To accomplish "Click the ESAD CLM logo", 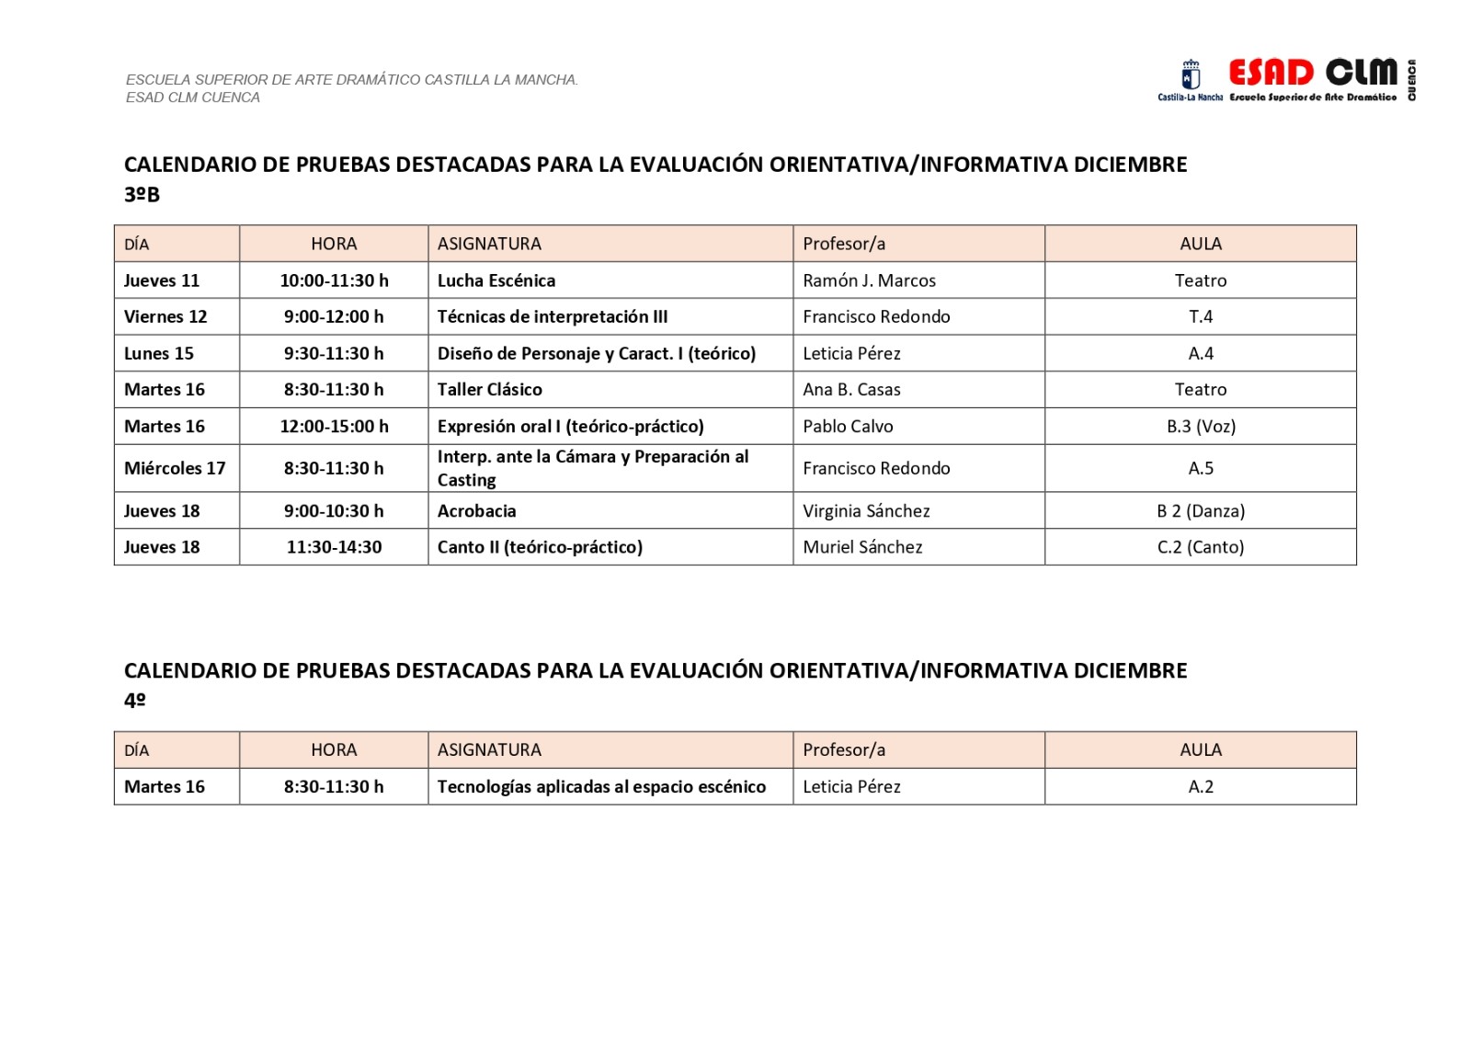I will click(1313, 73).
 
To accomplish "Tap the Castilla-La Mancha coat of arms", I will click(1191, 74).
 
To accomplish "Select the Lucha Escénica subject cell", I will click(496, 280).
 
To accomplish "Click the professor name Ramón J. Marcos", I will click(869, 280).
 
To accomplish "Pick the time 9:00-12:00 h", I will click(334, 316).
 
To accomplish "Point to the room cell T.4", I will click(1200, 316).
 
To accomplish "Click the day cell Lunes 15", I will click(159, 353).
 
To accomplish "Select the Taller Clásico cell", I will click(490, 389).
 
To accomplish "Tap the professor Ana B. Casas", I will click(851, 389).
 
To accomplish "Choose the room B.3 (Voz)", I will click(1201, 426).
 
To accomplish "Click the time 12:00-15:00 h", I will click(334, 426).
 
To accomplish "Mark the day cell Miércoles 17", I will click(175, 468).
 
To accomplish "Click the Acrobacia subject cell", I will click(476, 510).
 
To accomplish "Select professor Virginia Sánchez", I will click(866, 510).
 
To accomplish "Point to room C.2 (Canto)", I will click(1200, 547).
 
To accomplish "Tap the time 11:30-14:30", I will click(334, 547).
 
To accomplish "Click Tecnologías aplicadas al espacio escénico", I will click(601, 786).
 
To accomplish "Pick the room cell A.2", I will click(1200, 786).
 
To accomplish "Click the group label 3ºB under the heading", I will click(142, 195).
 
